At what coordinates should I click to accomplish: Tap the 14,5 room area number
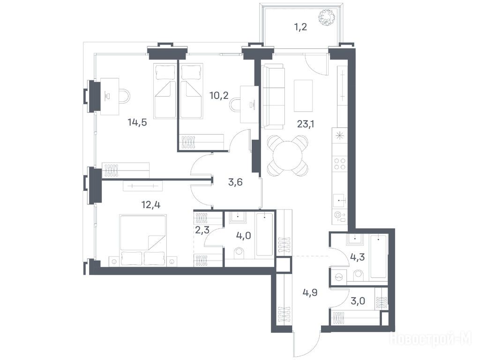tap(137, 122)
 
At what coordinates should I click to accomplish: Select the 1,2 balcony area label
tap(300, 27)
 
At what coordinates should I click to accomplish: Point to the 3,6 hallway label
tap(235, 182)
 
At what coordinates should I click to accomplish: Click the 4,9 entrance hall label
tap(310, 292)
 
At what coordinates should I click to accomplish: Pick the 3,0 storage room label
tap(358, 301)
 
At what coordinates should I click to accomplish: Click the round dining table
tap(288, 155)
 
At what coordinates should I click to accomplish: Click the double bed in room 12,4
tap(143, 240)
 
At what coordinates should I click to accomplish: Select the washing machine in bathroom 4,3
tap(339, 277)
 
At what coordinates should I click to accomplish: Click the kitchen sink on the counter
tap(340, 201)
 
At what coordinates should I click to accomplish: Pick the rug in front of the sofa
tap(303, 96)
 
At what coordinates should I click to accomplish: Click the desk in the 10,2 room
tap(249, 105)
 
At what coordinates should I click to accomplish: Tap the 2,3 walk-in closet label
tap(202, 230)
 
